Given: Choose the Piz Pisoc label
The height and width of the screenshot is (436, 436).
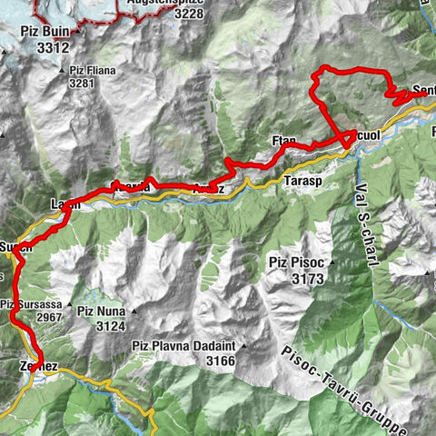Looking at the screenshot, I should [x=295, y=262].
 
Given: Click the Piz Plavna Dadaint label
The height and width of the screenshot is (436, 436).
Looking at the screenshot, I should [x=184, y=346].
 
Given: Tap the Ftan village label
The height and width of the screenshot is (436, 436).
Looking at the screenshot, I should [x=284, y=140].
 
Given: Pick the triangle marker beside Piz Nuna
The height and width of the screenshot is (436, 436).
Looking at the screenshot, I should [x=134, y=312].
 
